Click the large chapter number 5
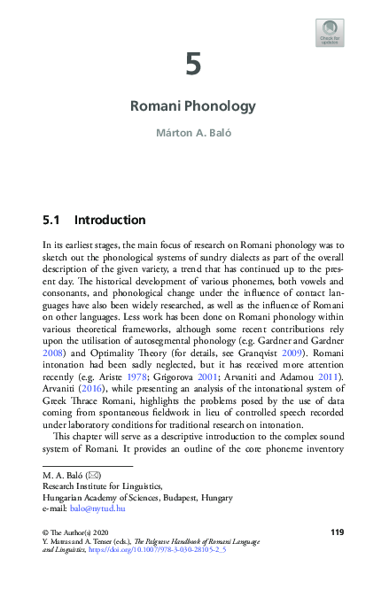193,65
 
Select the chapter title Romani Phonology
193,106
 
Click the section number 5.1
53,219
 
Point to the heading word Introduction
110,219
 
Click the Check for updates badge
330,33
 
